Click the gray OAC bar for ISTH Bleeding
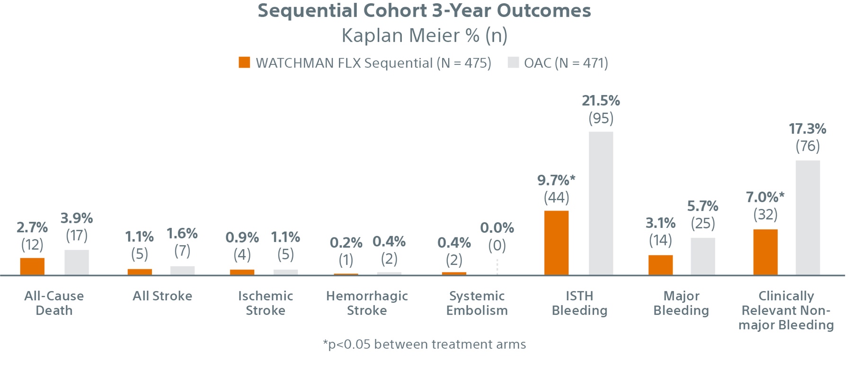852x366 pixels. click(601, 203)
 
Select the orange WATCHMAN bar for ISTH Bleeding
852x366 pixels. click(556, 243)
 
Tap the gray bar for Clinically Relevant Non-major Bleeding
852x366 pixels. click(808, 218)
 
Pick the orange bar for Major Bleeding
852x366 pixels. click(660, 265)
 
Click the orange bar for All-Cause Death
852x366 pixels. click(32, 267)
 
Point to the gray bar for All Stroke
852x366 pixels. click(182, 270)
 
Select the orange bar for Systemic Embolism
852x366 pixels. click(454, 273)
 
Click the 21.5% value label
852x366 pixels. click(601, 100)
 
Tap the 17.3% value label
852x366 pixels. click(808, 129)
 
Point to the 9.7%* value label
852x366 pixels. click(556, 180)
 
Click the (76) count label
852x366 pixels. click(808, 146)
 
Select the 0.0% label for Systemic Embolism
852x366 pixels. click(497, 228)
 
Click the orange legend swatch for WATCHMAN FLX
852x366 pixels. click(244, 62)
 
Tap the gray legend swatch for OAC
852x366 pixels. click(513, 62)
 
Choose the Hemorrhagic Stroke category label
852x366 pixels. click(367, 303)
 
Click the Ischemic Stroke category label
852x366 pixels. click(266, 303)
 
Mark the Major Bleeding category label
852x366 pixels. click(681, 303)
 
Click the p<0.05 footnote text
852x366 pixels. click(424, 344)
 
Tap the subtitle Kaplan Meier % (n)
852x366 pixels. click(424, 35)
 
